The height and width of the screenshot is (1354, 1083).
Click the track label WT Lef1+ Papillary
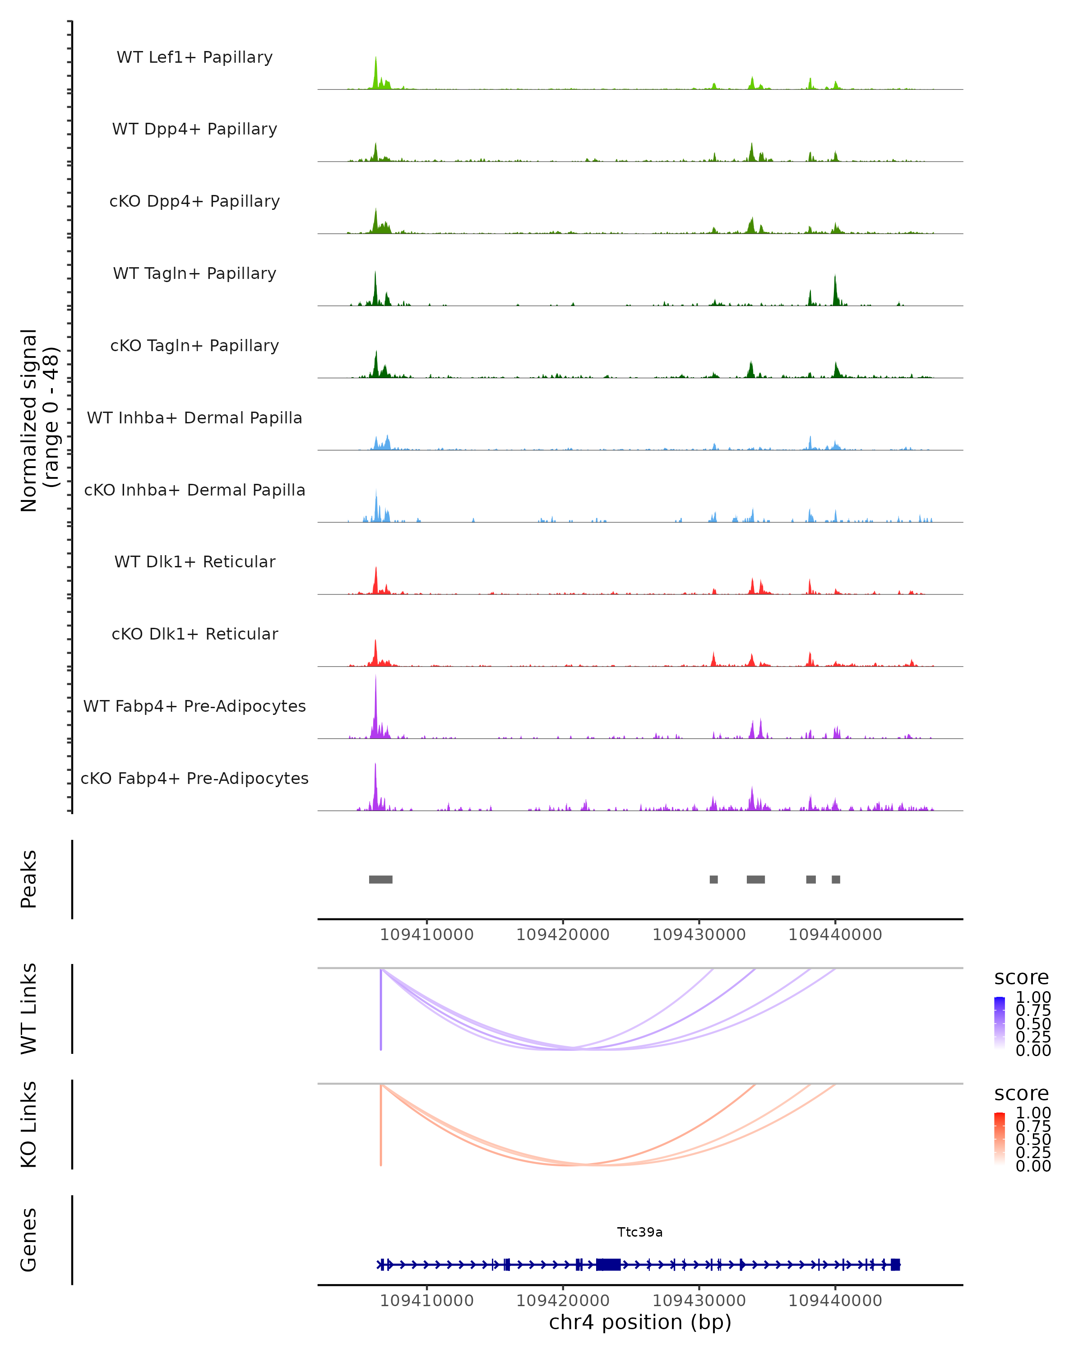pyautogui.click(x=194, y=57)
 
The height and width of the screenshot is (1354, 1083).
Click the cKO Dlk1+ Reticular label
pyautogui.click(x=194, y=634)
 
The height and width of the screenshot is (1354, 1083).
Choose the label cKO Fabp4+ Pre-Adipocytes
pyautogui.click(x=194, y=778)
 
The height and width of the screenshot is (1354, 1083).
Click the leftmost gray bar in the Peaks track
pyautogui.click(x=380, y=879)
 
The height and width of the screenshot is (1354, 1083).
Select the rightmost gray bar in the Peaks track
pyautogui.click(x=836, y=879)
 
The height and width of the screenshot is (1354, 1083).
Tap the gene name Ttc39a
pyautogui.click(x=640, y=1232)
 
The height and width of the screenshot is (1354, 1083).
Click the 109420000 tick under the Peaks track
pyautogui.click(x=563, y=935)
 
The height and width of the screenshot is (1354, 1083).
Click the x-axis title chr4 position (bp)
pyautogui.click(x=640, y=1322)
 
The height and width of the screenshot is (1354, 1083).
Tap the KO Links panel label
pyautogui.click(x=29, y=1124)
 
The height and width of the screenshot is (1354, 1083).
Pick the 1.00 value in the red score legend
pyautogui.click(x=1033, y=1113)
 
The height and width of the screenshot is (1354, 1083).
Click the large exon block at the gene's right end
pyautogui.click(x=895, y=1265)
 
